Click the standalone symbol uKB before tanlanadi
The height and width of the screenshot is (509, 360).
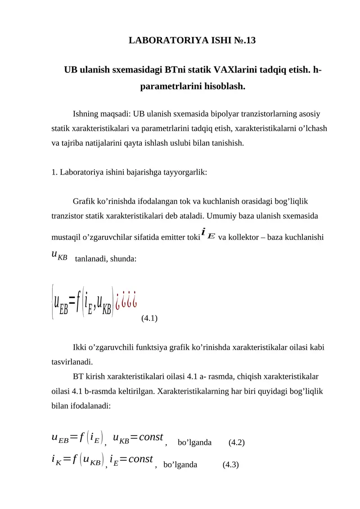[x=60, y=255]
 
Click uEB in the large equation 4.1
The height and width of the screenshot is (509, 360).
[x=61, y=300]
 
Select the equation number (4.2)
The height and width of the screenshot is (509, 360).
[x=237, y=442]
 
